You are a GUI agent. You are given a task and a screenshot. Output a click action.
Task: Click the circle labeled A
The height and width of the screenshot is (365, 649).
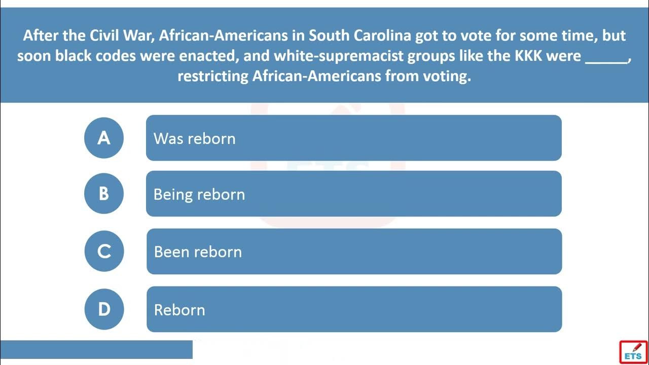click(104, 138)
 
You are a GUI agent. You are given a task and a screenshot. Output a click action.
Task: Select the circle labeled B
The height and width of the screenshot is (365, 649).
click(104, 194)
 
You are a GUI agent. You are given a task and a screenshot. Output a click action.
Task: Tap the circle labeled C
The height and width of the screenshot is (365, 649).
click(104, 251)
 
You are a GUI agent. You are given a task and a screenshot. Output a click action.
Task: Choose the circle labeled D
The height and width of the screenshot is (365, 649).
click(104, 309)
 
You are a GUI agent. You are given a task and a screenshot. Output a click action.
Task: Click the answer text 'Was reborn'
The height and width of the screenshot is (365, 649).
click(194, 138)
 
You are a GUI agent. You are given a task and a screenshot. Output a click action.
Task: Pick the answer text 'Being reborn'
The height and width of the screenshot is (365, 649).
click(199, 194)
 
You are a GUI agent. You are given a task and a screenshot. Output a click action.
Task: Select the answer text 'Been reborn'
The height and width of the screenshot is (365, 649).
click(198, 252)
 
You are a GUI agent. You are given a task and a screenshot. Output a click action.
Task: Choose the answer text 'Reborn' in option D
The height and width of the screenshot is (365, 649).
click(179, 310)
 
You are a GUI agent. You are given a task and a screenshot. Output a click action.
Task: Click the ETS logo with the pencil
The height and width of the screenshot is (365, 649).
click(633, 352)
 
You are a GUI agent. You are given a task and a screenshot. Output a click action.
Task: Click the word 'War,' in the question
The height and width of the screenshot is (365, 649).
click(139, 36)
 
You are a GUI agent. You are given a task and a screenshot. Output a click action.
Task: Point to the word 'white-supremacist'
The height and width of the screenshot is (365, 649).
click(338, 56)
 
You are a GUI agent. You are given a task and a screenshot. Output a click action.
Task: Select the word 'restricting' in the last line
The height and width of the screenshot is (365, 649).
click(213, 77)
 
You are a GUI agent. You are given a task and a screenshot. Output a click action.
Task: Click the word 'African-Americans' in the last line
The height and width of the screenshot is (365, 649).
click(317, 76)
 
